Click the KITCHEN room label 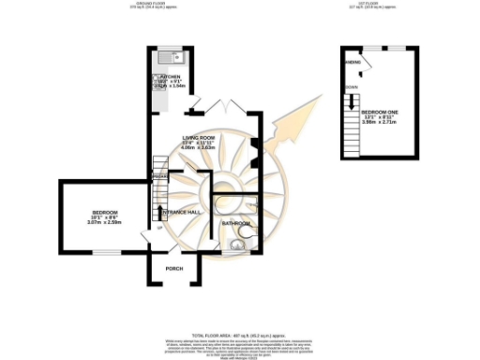(x=171, y=76)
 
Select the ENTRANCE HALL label (x=181, y=212)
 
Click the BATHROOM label (x=235, y=223)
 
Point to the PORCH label (x=173, y=269)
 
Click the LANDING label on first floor (x=353, y=63)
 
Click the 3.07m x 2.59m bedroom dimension (x=105, y=222)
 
